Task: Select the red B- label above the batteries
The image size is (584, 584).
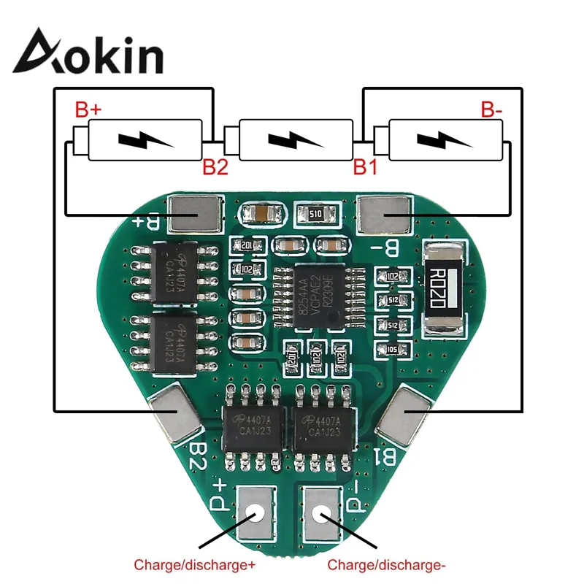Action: [491, 111]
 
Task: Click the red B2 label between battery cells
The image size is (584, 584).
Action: [215, 167]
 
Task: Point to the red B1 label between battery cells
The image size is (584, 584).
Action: [365, 167]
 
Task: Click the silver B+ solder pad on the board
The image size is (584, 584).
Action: [193, 215]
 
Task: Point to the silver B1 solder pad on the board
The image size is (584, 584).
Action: [406, 414]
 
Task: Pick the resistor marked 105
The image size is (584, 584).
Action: [392, 349]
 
